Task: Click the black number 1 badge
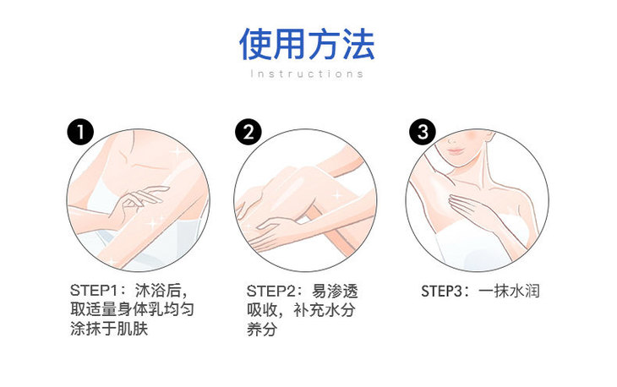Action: pos(80,131)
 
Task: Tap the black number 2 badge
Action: pos(248,131)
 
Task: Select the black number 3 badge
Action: pos(423,131)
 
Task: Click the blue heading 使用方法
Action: pos(307,44)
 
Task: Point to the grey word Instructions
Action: pos(307,74)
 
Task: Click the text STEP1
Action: pos(94,291)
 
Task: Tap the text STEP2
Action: pos(270,292)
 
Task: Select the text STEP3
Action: pos(445,292)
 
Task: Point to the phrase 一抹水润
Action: pos(509,292)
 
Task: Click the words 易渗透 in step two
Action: pos(335,292)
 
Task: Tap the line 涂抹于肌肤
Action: pos(109,329)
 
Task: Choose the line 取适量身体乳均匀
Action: pos(132,309)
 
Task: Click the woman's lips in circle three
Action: pos(456,151)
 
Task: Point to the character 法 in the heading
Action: pos(358,44)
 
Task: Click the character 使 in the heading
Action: pos(255,44)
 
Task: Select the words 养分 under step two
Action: pos(262,330)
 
